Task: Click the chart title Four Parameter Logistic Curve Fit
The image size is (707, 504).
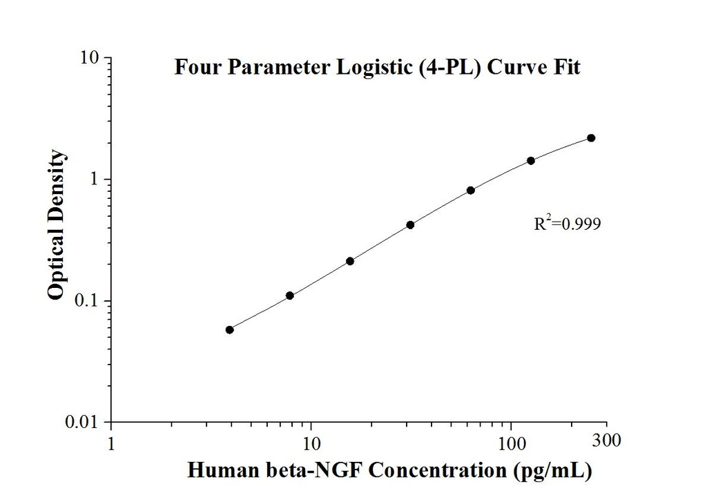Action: point(377,68)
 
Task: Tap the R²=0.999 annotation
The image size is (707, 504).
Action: point(563,224)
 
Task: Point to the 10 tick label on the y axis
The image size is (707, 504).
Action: point(91,57)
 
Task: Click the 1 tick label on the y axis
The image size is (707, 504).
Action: point(96,180)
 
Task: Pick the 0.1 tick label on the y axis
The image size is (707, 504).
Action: point(90,301)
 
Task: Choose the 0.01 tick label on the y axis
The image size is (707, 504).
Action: point(86,422)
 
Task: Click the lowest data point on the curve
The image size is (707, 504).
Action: point(230,330)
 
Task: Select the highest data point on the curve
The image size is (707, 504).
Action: point(591,138)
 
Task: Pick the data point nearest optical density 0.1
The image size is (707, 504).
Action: point(290,295)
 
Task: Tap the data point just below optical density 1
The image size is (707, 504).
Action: point(471,191)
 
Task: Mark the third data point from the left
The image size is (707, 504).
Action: point(350,261)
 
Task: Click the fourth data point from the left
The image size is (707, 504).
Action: point(410,224)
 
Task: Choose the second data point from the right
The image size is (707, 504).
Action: point(531,161)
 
